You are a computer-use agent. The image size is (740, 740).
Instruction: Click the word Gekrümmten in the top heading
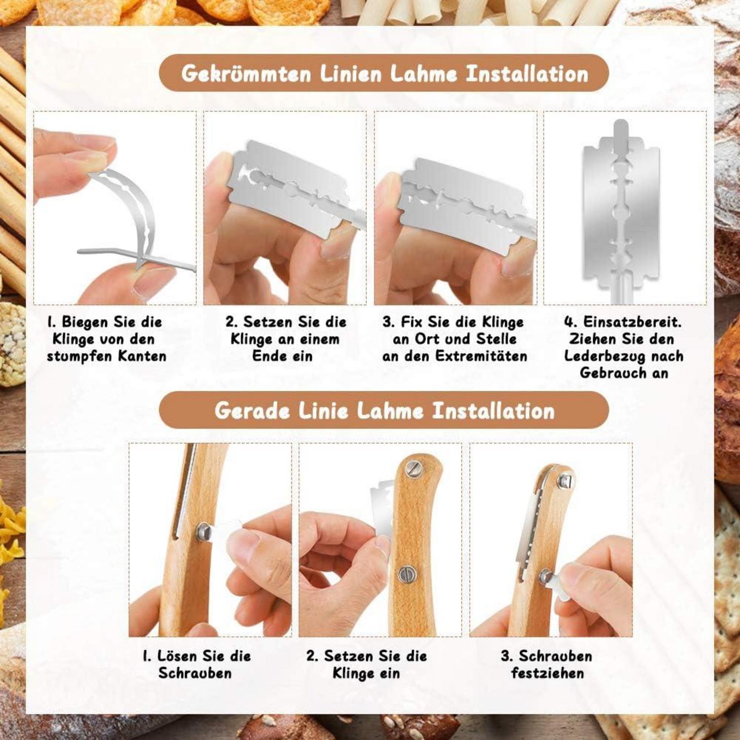tap(246, 74)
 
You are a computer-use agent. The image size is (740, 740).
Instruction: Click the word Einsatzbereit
tap(632, 322)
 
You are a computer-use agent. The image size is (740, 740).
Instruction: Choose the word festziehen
tap(548, 673)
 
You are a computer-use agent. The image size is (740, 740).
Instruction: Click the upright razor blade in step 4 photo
tap(621, 212)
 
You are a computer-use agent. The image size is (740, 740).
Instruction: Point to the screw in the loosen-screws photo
tap(203, 531)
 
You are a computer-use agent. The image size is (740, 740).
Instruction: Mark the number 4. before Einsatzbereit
tap(570, 322)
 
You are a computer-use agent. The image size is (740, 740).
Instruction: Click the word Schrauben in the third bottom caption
tap(555, 656)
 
